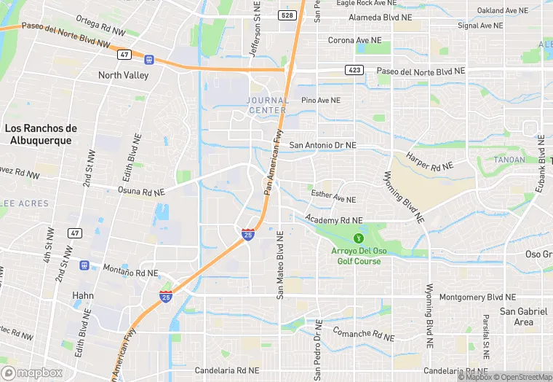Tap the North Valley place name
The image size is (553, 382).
click(x=124, y=75)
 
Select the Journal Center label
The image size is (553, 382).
click(x=267, y=105)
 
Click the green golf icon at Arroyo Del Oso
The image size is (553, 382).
click(x=358, y=238)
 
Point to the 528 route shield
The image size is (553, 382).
click(x=286, y=15)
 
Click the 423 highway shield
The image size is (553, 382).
click(x=354, y=71)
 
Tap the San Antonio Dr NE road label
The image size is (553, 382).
click(x=323, y=145)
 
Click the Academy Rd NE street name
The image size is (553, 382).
click(x=334, y=219)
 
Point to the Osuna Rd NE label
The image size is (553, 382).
click(x=141, y=191)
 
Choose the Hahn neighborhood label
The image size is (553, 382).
click(x=84, y=295)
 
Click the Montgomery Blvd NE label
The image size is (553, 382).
click(x=477, y=297)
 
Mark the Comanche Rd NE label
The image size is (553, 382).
click(x=362, y=334)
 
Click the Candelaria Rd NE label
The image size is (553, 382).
click(x=226, y=370)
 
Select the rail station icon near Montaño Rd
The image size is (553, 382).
click(x=84, y=265)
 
